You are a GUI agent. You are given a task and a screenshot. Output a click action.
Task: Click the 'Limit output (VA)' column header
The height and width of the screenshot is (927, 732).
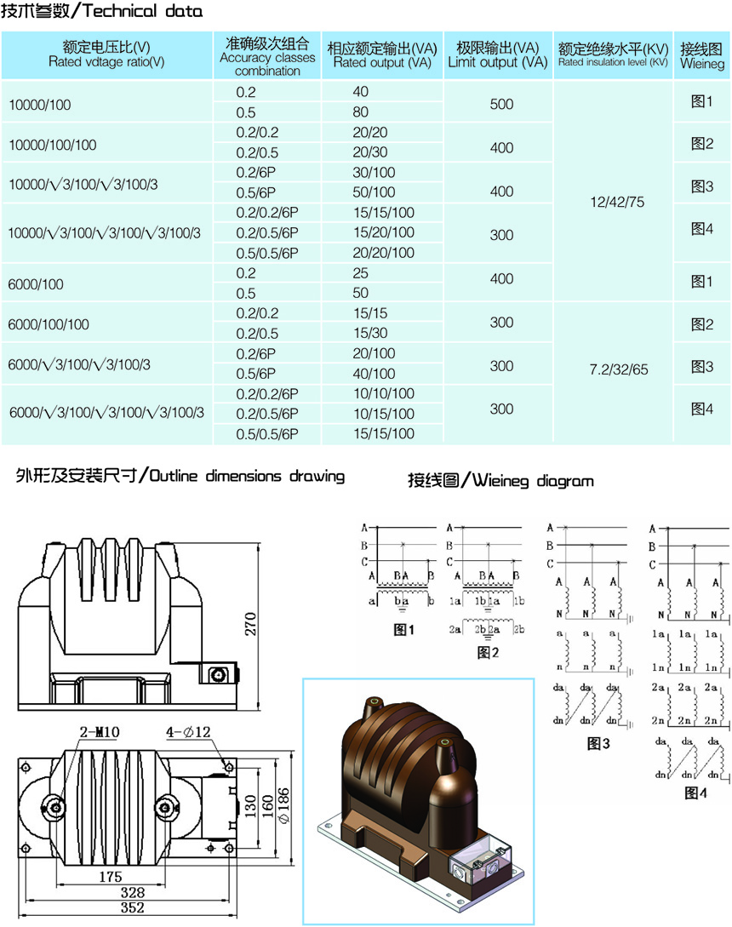[x=498, y=54]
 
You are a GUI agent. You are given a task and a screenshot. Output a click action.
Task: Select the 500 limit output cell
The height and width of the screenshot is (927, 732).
[x=502, y=104]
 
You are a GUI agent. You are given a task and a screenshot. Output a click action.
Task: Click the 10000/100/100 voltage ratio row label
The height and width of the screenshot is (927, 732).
[x=52, y=145]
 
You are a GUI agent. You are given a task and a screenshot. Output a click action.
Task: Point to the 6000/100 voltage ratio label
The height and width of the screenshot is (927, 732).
[x=35, y=283]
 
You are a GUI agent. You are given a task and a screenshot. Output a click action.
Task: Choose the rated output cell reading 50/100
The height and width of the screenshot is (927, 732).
[x=373, y=192]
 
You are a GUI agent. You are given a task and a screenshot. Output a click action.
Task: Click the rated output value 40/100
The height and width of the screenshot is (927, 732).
[x=373, y=373]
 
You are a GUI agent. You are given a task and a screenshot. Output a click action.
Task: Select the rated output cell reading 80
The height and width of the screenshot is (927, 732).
[x=360, y=112]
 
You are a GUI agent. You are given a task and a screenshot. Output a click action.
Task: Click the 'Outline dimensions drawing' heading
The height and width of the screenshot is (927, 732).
[x=180, y=476]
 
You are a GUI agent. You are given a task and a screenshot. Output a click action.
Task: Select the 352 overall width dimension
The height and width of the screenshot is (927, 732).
[x=132, y=908]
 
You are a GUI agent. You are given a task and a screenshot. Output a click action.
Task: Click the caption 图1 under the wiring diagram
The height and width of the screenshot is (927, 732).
[x=403, y=630]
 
